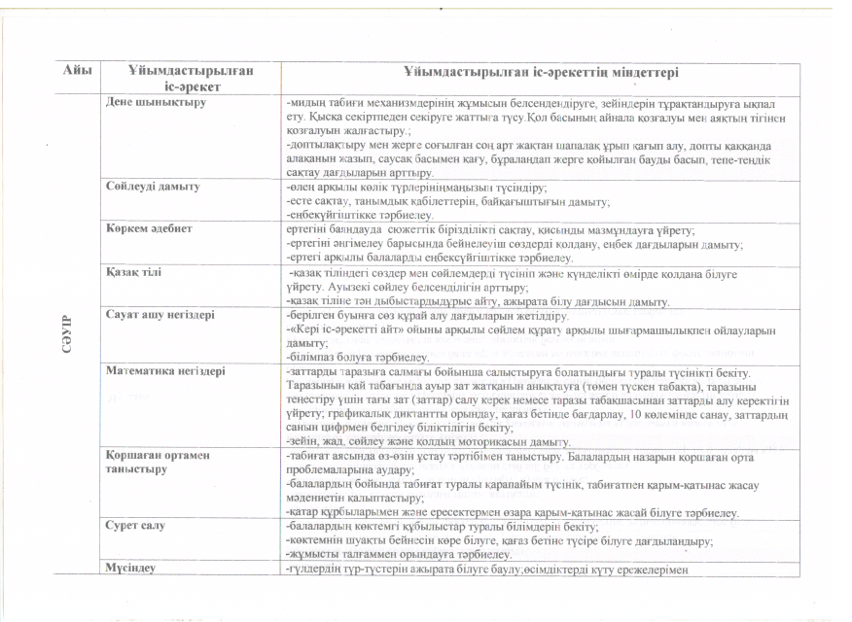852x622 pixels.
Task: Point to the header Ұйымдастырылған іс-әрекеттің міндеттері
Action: point(541,73)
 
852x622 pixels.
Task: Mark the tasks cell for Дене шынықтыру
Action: point(535,136)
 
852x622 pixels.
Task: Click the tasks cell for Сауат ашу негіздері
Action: point(525,336)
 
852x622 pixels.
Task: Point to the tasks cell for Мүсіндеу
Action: point(486,569)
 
